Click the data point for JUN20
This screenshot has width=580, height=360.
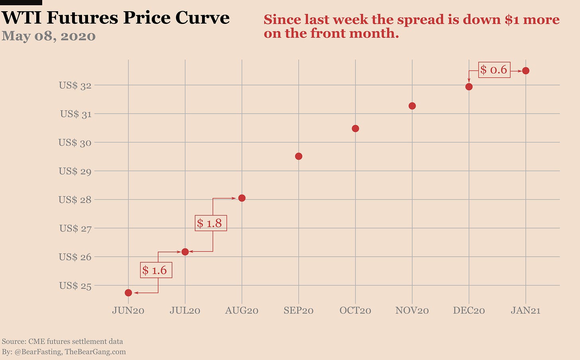pos(128,293)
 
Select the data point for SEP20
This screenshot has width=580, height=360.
pos(298,156)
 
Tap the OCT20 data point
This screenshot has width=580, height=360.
pos(355,128)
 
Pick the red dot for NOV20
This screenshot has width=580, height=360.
pos(412,106)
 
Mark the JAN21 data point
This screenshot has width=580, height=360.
pos(525,71)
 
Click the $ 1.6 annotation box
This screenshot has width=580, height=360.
pos(156,270)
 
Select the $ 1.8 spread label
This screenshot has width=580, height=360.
pos(211,223)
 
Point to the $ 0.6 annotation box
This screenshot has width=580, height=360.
pos(494,70)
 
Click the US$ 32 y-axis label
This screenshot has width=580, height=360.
pos(75,85)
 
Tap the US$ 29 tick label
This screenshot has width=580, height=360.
pos(75,171)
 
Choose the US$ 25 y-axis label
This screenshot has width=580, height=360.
pos(75,285)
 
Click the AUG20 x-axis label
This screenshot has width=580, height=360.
pos(241,310)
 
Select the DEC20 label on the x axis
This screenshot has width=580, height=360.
pos(469,310)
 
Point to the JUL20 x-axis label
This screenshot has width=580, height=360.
pos(185,310)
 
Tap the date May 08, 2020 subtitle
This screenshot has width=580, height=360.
pos(49,36)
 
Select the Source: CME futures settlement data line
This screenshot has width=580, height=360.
pos(63,341)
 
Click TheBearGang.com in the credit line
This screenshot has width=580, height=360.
pos(95,352)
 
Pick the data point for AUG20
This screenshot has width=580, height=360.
pos(241,198)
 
